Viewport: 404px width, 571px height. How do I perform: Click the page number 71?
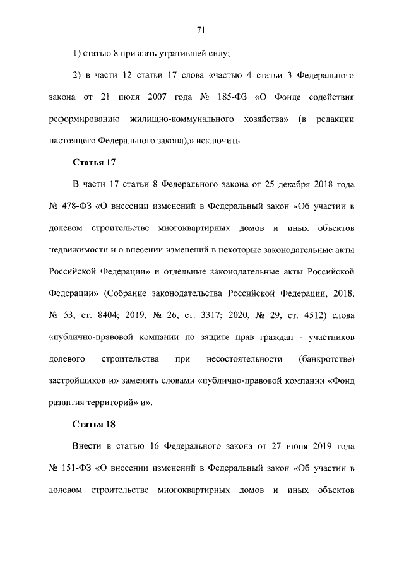[x=202, y=30]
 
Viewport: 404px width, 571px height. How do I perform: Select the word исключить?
[x=219, y=140]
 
